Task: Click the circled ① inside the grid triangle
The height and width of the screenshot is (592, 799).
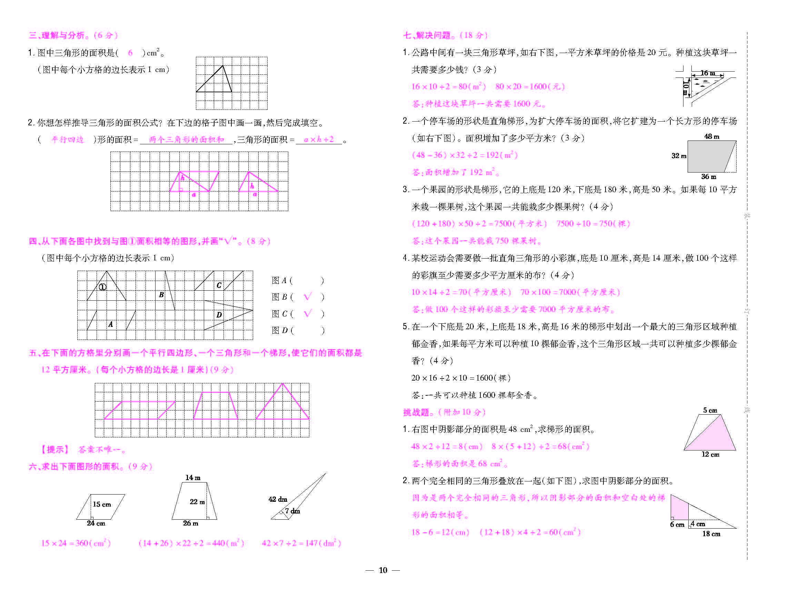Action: tap(103, 287)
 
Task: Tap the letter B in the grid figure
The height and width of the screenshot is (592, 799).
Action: tap(161, 295)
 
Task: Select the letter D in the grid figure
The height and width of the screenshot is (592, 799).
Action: tap(219, 315)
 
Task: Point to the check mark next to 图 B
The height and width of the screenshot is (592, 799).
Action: tap(308, 297)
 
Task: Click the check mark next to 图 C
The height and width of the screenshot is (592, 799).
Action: tap(308, 313)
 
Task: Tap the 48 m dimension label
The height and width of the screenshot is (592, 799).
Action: tap(711, 136)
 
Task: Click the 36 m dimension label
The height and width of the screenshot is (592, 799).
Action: tap(709, 177)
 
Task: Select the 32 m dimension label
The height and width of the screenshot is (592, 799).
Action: tap(679, 156)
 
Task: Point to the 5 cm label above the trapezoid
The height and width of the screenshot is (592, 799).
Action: tap(710, 410)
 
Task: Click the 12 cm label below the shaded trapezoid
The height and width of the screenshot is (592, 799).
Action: tap(710, 454)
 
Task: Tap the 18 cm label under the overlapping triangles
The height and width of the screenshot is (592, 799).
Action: tap(711, 534)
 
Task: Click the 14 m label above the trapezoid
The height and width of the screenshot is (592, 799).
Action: tap(193, 478)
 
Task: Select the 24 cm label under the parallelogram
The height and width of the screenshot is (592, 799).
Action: tap(96, 523)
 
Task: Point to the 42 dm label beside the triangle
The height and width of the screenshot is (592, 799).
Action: tap(278, 499)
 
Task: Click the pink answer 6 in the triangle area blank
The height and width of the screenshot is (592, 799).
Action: tap(130, 53)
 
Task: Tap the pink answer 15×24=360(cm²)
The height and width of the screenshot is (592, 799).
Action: tap(76, 543)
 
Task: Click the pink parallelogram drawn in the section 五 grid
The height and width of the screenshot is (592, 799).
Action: tap(140, 410)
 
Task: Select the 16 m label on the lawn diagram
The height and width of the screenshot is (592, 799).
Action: tap(708, 73)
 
